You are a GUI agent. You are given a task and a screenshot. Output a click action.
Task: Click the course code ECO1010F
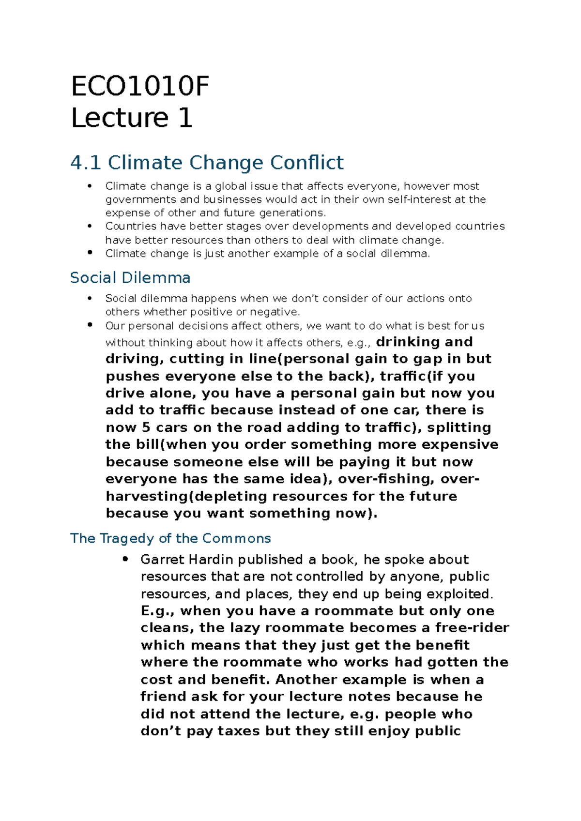pos(140,87)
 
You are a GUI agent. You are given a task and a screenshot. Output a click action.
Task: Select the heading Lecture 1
pos(132,119)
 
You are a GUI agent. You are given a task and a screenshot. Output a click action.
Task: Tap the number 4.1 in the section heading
pos(85,163)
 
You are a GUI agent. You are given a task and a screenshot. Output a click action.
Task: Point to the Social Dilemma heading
pos(130,278)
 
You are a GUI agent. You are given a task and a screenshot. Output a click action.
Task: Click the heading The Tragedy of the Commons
pos(170,538)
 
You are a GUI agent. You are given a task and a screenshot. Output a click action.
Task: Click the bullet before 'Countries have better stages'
pos(90,226)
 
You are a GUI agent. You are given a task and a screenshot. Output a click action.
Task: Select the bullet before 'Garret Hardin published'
pos(125,559)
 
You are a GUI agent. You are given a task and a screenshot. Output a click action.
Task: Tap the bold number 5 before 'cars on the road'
pos(146,427)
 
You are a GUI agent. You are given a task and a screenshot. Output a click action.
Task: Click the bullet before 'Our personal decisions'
pos(90,325)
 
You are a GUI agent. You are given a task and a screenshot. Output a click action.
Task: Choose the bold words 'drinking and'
pos(424,342)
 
